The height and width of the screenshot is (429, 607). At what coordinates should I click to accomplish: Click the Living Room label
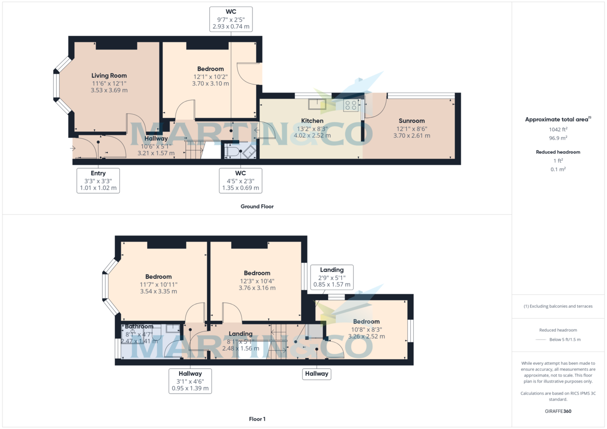109,76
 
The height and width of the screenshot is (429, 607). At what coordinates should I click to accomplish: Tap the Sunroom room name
411,121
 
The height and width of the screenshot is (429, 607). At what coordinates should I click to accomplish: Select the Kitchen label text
312,121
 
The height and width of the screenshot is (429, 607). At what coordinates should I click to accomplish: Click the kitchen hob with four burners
351,106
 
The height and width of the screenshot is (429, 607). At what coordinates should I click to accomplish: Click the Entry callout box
98,180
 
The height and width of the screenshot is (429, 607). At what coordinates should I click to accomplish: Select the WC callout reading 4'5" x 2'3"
240,180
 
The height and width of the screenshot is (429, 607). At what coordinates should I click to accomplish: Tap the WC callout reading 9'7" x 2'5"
231,19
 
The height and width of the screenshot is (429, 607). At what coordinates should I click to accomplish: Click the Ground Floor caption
257,206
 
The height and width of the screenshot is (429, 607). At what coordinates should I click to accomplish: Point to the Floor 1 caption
257,419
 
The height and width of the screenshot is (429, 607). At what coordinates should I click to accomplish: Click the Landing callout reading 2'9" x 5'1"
332,277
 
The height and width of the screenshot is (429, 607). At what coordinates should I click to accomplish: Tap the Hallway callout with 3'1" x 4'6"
190,381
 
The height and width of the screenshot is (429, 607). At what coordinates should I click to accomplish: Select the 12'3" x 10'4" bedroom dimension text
257,281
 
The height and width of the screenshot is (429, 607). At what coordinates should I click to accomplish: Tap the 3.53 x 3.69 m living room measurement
109,90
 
